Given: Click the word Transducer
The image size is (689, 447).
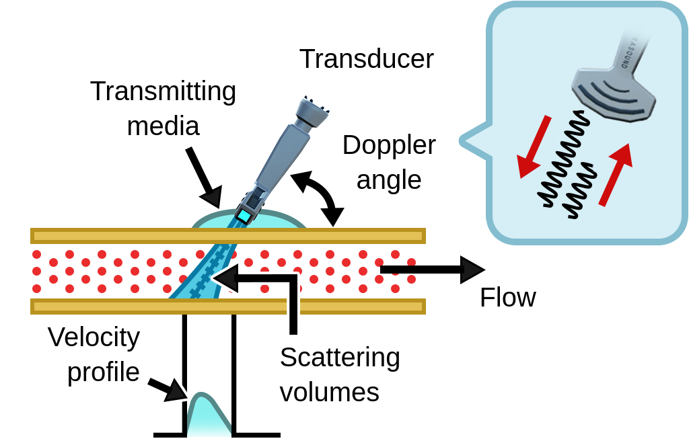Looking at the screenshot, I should (x=366, y=59).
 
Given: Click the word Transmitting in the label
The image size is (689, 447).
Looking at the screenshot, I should (x=163, y=91).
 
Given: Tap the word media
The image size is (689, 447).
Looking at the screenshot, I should (x=163, y=126).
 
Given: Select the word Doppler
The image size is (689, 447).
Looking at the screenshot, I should (x=389, y=145).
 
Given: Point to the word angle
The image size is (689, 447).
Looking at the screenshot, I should (x=389, y=179).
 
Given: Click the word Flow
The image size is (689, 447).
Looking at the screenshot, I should (x=507, y=298).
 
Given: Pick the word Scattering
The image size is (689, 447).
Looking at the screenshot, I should (x=340, y=357).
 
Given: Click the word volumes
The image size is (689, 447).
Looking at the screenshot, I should (x=329, y=392).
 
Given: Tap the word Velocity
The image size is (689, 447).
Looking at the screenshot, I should (x=94, y=337).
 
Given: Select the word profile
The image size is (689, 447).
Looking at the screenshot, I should (x=104, y=372).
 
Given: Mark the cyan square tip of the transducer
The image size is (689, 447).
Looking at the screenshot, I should (x=244, y=217).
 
